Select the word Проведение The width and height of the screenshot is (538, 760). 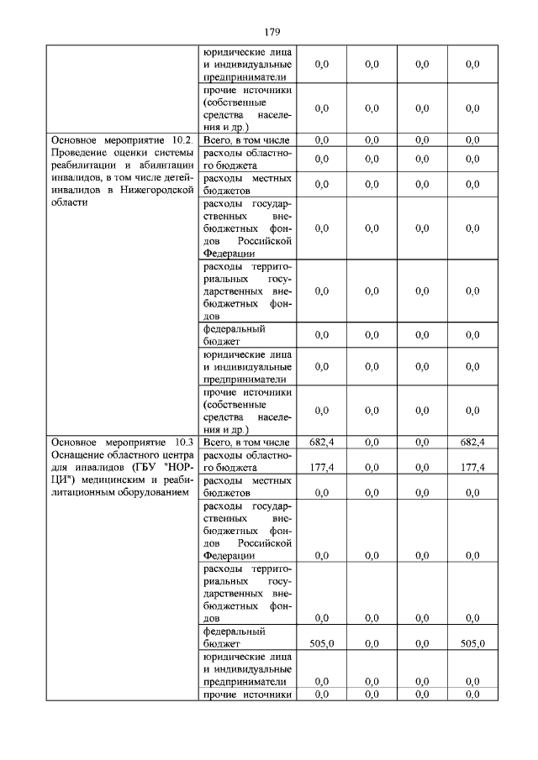[x=76, y=153]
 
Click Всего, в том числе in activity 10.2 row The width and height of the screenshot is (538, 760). [x=246, y=139]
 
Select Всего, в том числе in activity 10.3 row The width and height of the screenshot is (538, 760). [x=246, y=442]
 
